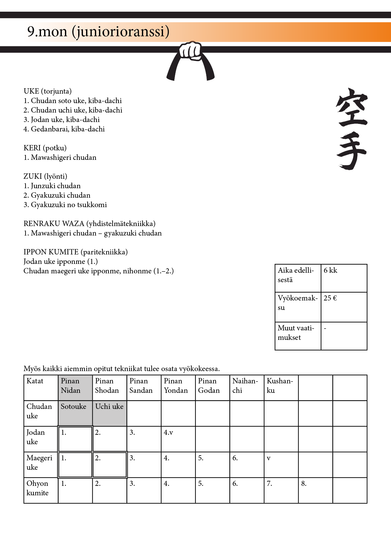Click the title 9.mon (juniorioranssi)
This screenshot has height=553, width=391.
click(98, 32)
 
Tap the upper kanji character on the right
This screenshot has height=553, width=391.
click(352, 107)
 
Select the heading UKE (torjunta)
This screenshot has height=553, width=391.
click(48, 91)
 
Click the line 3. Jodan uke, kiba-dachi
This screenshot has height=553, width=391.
click(61, 120)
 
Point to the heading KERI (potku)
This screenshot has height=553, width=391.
click(45, 148)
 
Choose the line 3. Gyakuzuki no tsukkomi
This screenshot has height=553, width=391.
click(65, 205)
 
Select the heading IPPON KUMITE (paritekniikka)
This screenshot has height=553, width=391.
click(76, 252)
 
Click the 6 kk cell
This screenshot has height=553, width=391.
click(344, 278)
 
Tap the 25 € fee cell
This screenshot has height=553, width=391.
click(344, 307)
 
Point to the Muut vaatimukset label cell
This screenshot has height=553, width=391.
click(298, 336)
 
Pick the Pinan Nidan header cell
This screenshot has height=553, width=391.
click(75, 387)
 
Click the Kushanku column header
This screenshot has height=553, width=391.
click(281, 387)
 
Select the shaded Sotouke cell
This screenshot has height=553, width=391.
click(75, 413)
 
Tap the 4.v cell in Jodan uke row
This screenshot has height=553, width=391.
click(178, 439)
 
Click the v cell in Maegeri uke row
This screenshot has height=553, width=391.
click(281, 464)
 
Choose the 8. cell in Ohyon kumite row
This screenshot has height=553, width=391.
click(315, 490)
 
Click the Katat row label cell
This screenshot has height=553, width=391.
click(41, 387)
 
